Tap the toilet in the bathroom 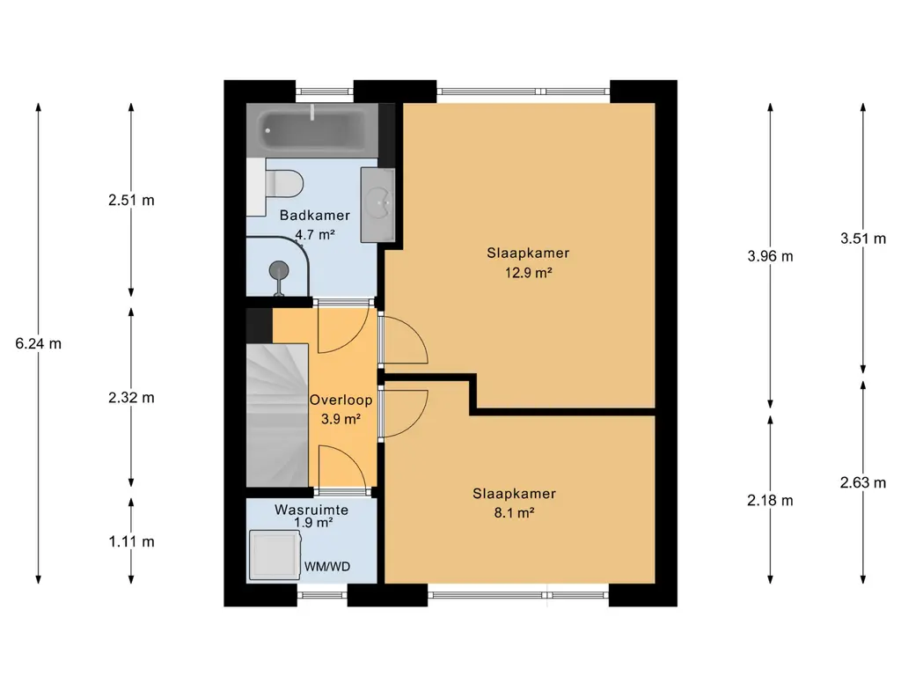pos(284,184)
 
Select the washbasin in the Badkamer pos(377,204)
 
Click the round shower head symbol pos(279,269)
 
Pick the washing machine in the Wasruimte pos(275,555)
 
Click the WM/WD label pos(327,567)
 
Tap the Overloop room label pos(341,400)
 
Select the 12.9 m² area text pos(528,273)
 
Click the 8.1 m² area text pos(514,512)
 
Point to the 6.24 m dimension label pos(39,344)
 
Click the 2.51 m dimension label pos(132,200)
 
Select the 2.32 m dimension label pos(132,398)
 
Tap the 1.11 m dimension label pos(132,541)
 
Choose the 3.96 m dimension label pos(770,256)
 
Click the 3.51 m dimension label pos(863,239)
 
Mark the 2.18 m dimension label pos(770,501)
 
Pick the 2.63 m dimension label pos(863,483)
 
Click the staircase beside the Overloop pos(277,415)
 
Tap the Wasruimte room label pos(311,510)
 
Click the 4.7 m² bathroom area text pos(315,234)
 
